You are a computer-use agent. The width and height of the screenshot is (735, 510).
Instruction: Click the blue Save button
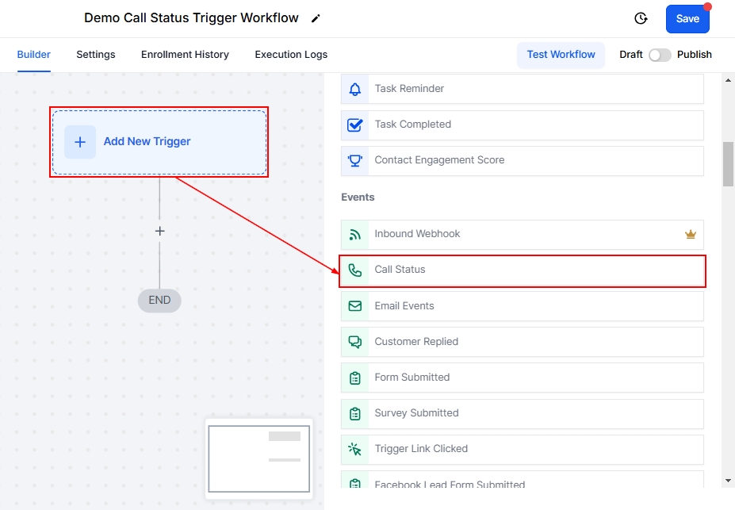click(x=687, y=19)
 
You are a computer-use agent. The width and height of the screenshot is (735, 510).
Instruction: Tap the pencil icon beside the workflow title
click(x=316, y=18)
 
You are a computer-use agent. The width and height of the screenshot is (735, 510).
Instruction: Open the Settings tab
click(x=96, y=55)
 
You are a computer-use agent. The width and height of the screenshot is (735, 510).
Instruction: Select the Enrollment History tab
click(x=185, y=55)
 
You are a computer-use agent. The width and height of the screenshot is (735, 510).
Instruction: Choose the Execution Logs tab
click(x=291, y=55)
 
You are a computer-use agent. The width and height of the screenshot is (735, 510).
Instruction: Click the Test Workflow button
click(x=561, y=55)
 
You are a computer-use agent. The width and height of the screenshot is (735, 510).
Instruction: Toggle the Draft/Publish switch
click(x=660, y=55)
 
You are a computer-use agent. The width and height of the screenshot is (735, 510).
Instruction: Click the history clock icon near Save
click(x=641, y=18)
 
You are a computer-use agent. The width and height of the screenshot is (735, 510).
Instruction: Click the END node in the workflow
click(x=159, y=301)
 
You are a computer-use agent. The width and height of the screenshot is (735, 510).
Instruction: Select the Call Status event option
click(x=523, y=270)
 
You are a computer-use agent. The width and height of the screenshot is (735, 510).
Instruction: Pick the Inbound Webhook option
click(x=523, y=235)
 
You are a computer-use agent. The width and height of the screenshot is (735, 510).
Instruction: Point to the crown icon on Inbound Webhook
click(x=690, y=235)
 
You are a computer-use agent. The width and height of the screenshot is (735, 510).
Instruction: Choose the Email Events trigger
click(x=523, y=306)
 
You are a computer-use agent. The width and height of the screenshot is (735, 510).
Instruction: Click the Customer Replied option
click(x=523, y=342)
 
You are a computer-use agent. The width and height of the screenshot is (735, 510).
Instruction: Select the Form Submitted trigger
click(x=523, y=378)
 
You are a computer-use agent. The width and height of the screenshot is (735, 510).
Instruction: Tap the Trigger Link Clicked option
click(x=523, y=449)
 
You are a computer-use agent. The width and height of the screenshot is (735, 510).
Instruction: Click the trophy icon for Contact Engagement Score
click(x=355, y=160)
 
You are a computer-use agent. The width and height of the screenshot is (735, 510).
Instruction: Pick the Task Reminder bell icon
click(x=355, y=89)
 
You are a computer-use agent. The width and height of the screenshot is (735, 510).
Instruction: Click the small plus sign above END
click(x=159, y=231)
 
